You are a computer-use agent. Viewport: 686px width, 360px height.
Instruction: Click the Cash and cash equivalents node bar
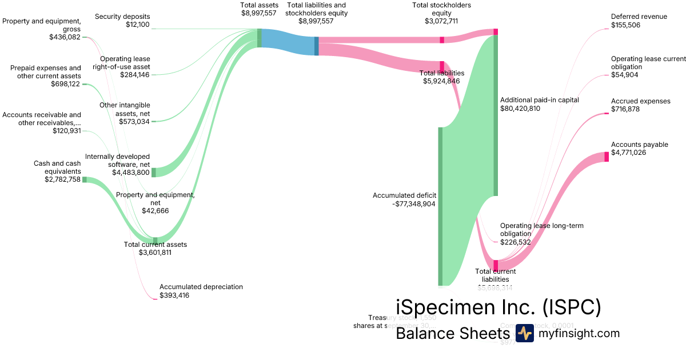[85, 179]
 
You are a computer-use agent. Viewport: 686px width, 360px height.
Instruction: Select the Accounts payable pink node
[607, 157]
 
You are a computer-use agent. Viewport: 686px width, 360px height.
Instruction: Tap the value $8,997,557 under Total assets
[259, 13]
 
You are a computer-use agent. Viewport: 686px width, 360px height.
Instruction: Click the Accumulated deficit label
[404, 195]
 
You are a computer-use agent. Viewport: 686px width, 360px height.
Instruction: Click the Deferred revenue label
[639, 17]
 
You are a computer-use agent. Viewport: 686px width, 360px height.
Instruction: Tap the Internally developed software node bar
[153, 173]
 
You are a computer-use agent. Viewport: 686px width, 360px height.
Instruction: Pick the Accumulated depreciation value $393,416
[174, 295]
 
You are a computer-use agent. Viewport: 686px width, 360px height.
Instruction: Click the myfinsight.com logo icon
[524, 333]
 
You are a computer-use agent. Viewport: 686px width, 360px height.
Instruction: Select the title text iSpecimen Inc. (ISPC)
[498, 307]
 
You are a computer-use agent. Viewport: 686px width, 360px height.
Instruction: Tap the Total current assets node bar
[155, 240]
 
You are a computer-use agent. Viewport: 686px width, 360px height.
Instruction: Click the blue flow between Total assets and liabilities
[288, 42]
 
